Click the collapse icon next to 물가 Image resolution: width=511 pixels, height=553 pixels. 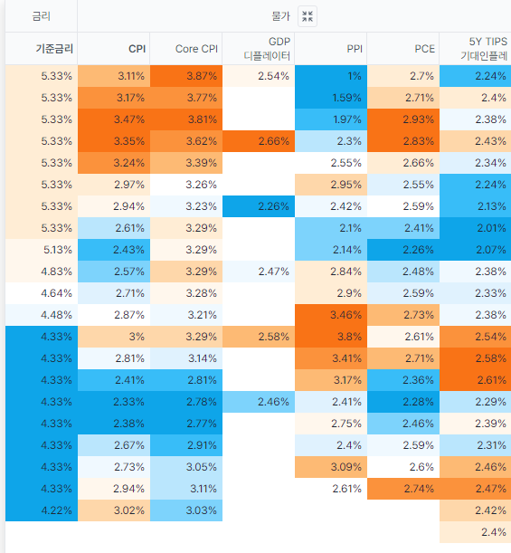[308, 16]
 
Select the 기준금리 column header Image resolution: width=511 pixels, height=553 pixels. [42, 48]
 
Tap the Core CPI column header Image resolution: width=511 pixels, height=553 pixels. [186, 48]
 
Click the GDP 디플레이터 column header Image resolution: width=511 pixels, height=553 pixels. [259, 48]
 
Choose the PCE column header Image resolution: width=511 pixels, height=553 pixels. [403, 48]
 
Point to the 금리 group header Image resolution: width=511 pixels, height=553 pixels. [42, 16]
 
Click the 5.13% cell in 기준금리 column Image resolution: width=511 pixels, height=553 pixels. [42, 250]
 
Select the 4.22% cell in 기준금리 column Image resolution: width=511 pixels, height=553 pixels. [42, 510]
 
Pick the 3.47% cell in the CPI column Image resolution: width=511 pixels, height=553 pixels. [114, 119]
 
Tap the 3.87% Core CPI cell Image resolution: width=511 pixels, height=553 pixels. [186, 76]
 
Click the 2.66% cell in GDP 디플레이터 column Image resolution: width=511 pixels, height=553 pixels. [259, 141]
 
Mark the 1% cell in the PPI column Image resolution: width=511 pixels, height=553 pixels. [331, 76]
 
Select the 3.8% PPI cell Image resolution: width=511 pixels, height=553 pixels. [331, 337]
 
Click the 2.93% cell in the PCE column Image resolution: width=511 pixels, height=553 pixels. [403, 119]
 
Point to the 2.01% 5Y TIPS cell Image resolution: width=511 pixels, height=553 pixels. [476, 228]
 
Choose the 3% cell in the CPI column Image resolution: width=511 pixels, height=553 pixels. [114, 337]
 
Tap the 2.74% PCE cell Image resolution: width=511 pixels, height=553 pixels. [403, 489]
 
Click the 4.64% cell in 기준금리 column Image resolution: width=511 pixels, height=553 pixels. [42, 293]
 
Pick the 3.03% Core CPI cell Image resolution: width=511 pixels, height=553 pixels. [186, 510]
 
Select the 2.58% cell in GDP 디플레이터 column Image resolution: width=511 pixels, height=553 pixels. [259, 337]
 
